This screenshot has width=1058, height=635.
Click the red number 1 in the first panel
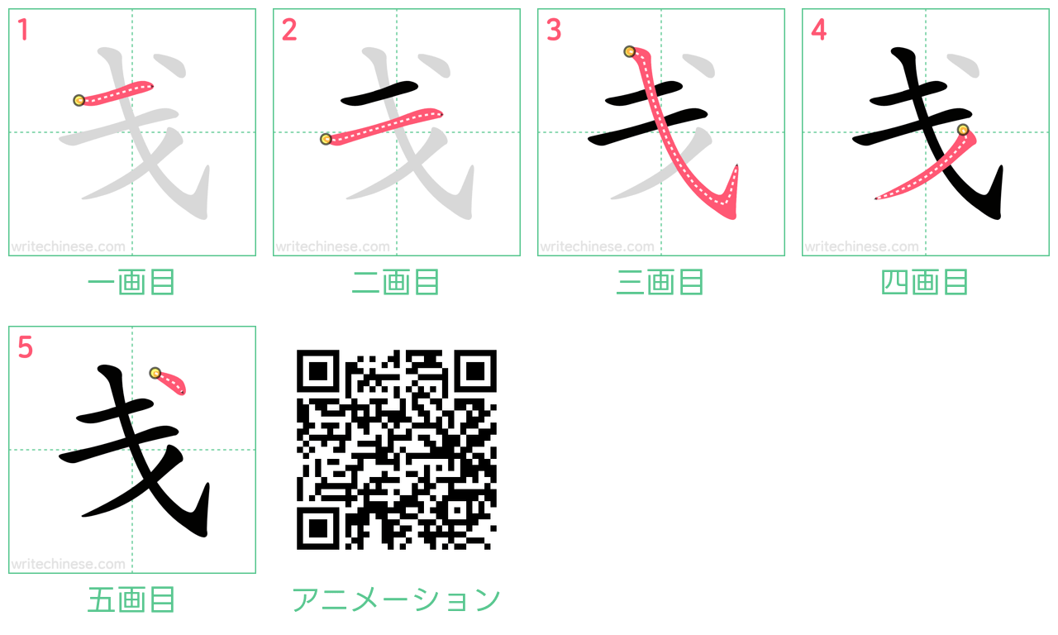[23, 30]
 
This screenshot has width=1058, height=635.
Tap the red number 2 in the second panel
[289, 30]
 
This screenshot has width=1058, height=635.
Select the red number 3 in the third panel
[554, 30]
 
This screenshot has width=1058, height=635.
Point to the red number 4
[818, 30]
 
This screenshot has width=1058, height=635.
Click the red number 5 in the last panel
[25, 347]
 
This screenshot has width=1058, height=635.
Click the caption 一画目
[131, 282]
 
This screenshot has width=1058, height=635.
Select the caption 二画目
[396, 282]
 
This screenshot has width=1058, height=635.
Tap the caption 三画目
[660, 282]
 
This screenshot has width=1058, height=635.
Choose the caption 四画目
[925, 282]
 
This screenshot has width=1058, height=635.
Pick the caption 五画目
[131, 599]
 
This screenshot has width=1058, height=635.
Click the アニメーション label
[396, 599]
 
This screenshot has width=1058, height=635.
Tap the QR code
[396, 449]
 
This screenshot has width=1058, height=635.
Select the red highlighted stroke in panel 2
[383, 127]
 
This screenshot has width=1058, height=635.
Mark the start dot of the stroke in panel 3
[629, 51]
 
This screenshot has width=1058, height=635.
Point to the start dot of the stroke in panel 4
[963, 130]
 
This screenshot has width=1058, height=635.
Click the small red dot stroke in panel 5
[169, 382]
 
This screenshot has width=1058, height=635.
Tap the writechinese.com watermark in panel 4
[861, 246]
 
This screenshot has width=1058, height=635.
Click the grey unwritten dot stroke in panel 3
[700, 65]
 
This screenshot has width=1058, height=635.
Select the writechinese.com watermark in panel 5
[68, 564]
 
